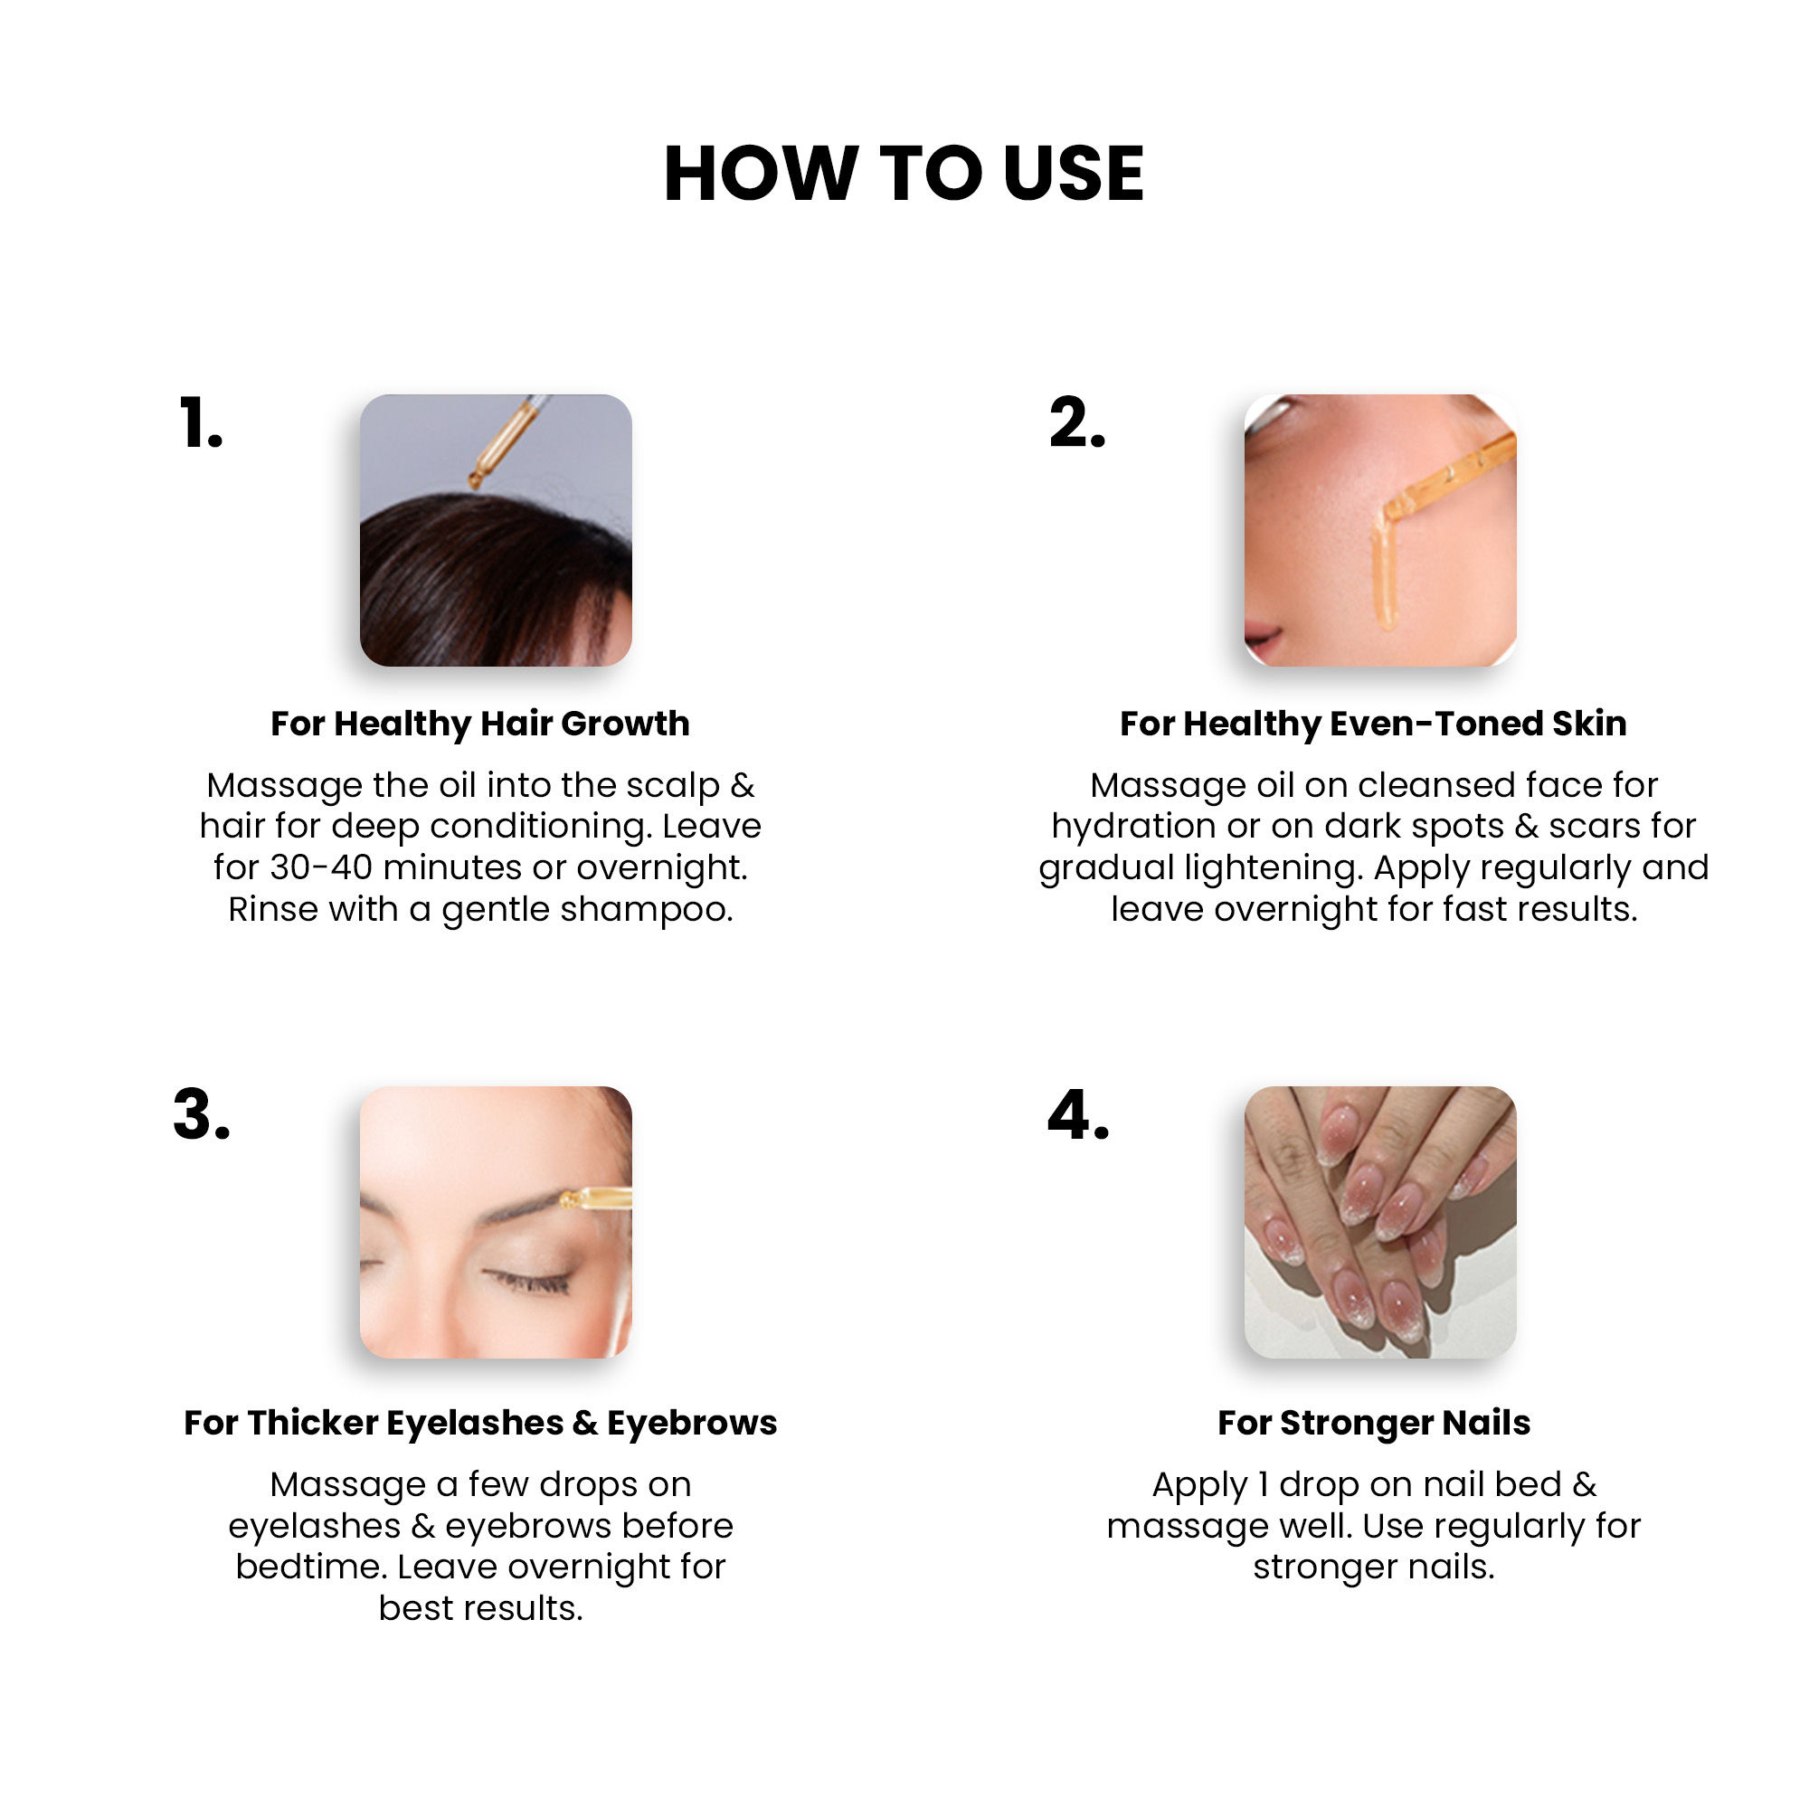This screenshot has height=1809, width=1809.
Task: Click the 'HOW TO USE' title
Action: (904, 175)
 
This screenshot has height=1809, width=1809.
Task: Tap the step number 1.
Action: (202, 423)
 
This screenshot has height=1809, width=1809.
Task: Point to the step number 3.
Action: (202, 1115)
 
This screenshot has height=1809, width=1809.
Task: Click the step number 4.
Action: (1078, 1115)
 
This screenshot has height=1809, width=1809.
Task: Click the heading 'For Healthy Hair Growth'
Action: (480, 724)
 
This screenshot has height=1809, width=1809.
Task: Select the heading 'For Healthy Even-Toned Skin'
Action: (1374, 724)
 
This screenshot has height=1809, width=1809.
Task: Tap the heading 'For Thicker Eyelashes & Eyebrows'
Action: (480, 1423)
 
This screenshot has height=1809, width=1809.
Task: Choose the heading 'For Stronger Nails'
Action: (1374, 1423)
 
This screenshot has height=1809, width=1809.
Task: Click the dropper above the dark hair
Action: (506, 441)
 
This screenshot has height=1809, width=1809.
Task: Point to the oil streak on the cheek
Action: (1385, 571)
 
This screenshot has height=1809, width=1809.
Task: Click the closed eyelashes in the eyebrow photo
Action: (526, 1280)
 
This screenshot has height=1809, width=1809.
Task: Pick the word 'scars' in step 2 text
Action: (1595, 827)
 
